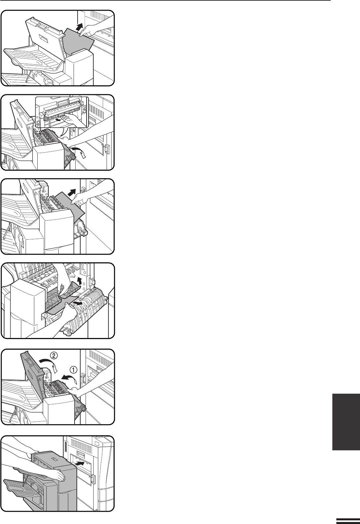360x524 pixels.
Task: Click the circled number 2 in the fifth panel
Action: coord(54,356)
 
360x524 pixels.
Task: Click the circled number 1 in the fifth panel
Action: coord(73,370)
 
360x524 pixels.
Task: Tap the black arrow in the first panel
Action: coord(80,27)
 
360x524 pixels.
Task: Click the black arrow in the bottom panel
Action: coord(80,463)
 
